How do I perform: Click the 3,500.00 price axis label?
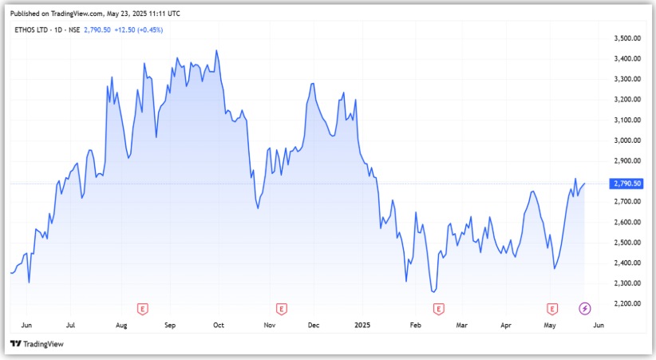(x=626, y=38)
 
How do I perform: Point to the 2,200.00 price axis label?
(x=626, y=304)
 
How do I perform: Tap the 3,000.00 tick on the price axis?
(x=626, y=140)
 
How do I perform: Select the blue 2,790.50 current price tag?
(x=626, y=184)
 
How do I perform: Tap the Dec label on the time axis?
(x=314, y=326)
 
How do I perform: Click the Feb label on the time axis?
(x=414, y=326)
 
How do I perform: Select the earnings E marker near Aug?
(x=143, y=308)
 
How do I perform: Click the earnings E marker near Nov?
(x=281, y=308)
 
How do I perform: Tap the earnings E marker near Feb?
(x=438, y=308)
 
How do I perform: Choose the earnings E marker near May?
(x=551, y=308)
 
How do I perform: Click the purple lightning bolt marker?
(x=585, y=308)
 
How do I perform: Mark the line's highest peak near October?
(x=216, y=51)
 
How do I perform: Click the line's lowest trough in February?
(x=434, y=291)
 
